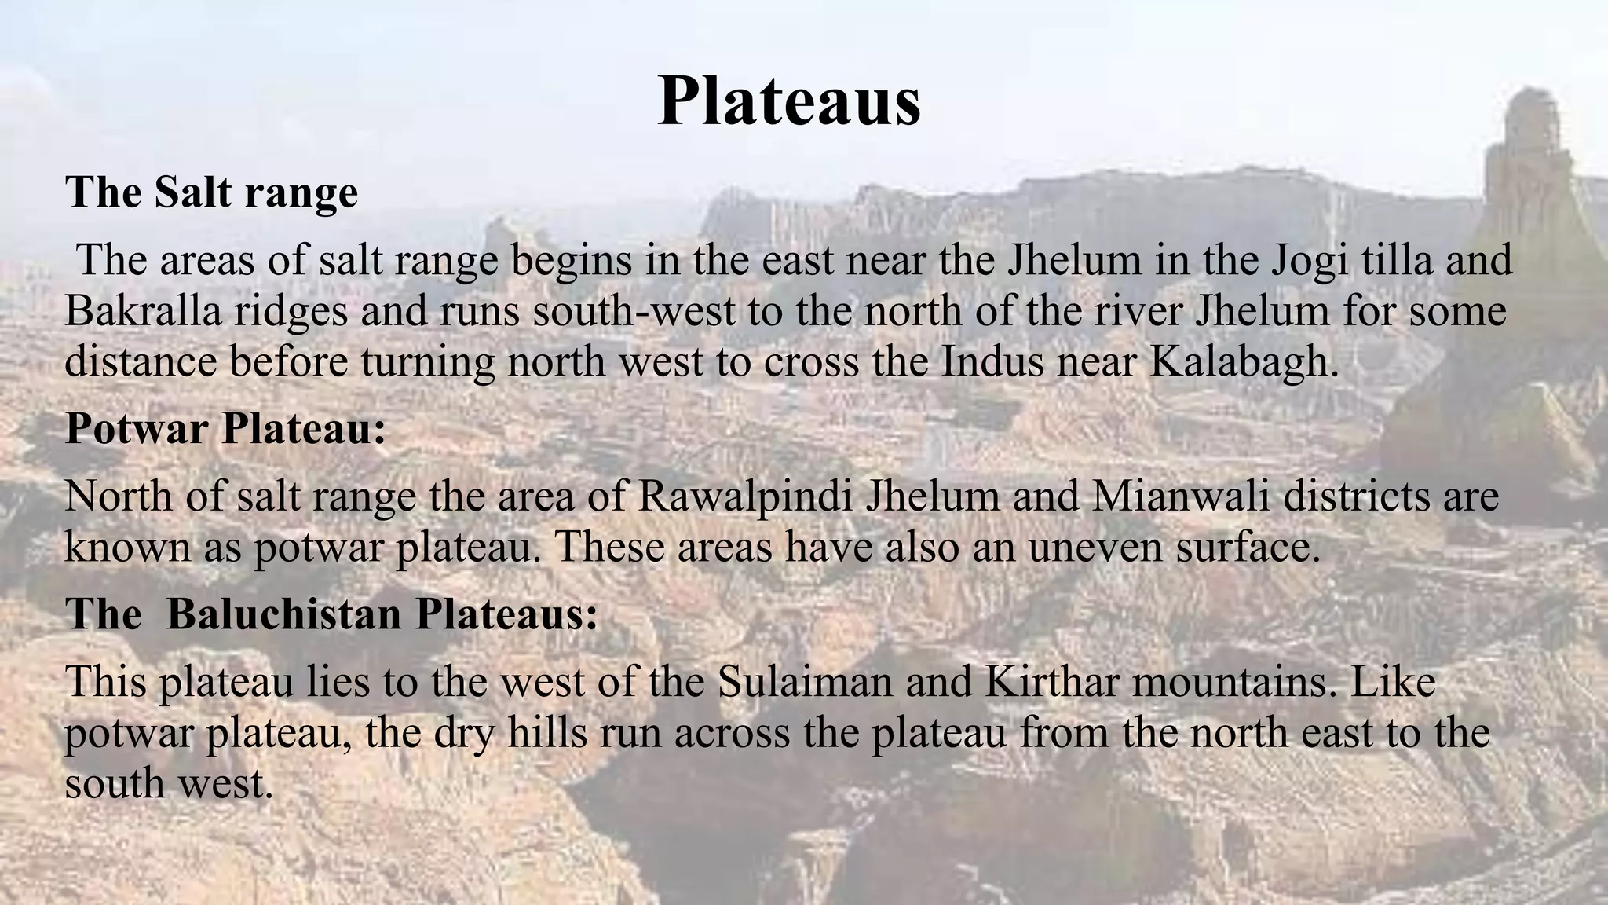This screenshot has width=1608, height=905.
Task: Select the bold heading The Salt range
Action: coord(211,192)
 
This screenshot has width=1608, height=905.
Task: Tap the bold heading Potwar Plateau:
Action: coord(225,429)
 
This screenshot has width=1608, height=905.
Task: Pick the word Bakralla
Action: coord(142,311)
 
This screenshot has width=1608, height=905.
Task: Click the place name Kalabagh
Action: coord(1244,361)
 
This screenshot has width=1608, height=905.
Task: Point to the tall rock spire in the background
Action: coord(1527,157)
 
